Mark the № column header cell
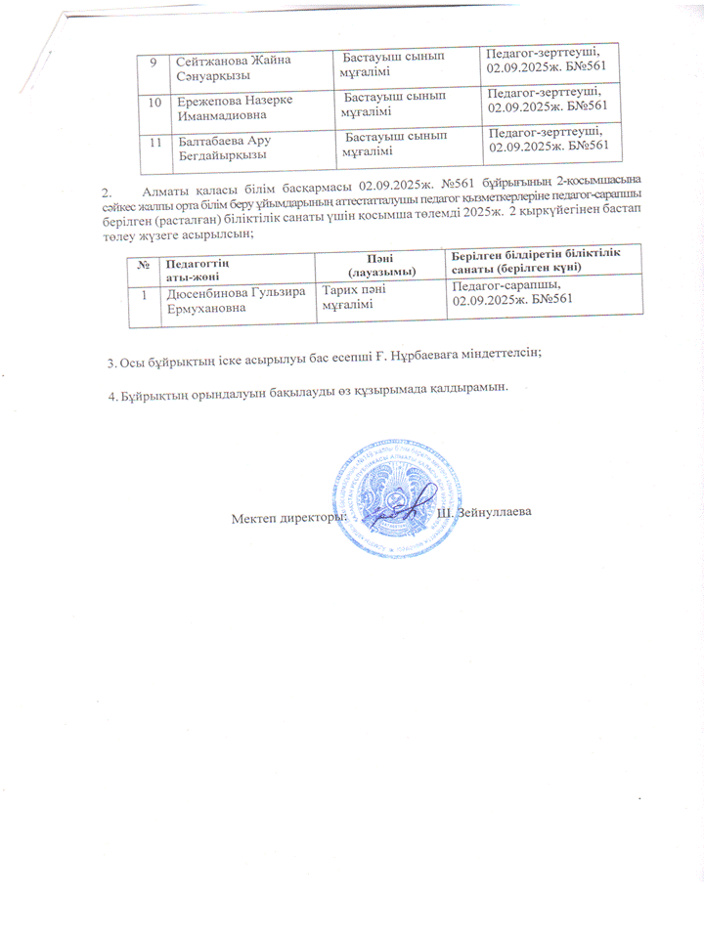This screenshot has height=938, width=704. pos(144,264)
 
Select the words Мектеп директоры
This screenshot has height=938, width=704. pos(289,515)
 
